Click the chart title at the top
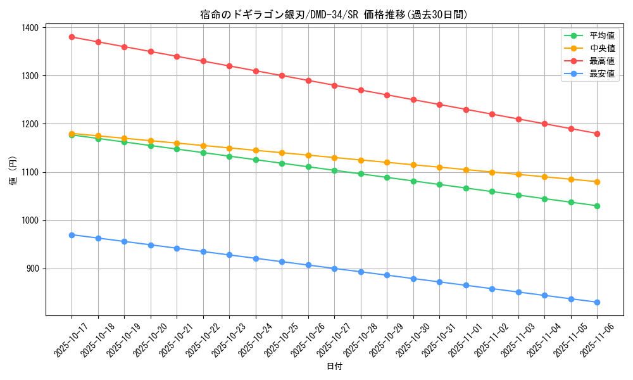click(x=334, y=15)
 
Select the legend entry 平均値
click(x=602, y=35)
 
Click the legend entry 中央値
click(x=602, y=48)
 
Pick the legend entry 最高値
click(x=602, y=61)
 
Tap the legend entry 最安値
click(x=602, y=73)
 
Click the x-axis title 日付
click(x=334, y=367)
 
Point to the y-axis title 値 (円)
click(x=13, y=171)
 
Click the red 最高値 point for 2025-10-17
click(x=72, y=37)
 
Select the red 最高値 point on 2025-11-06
click(x=597, y=134)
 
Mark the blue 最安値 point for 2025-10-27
click(x=335, y=269)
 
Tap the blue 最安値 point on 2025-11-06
click(x=597, y=302)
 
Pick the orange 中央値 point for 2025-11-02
click(x=492, y=172)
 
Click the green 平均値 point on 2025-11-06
click(x=597, y=206)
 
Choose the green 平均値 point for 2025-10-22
click(x=203, y=153)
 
